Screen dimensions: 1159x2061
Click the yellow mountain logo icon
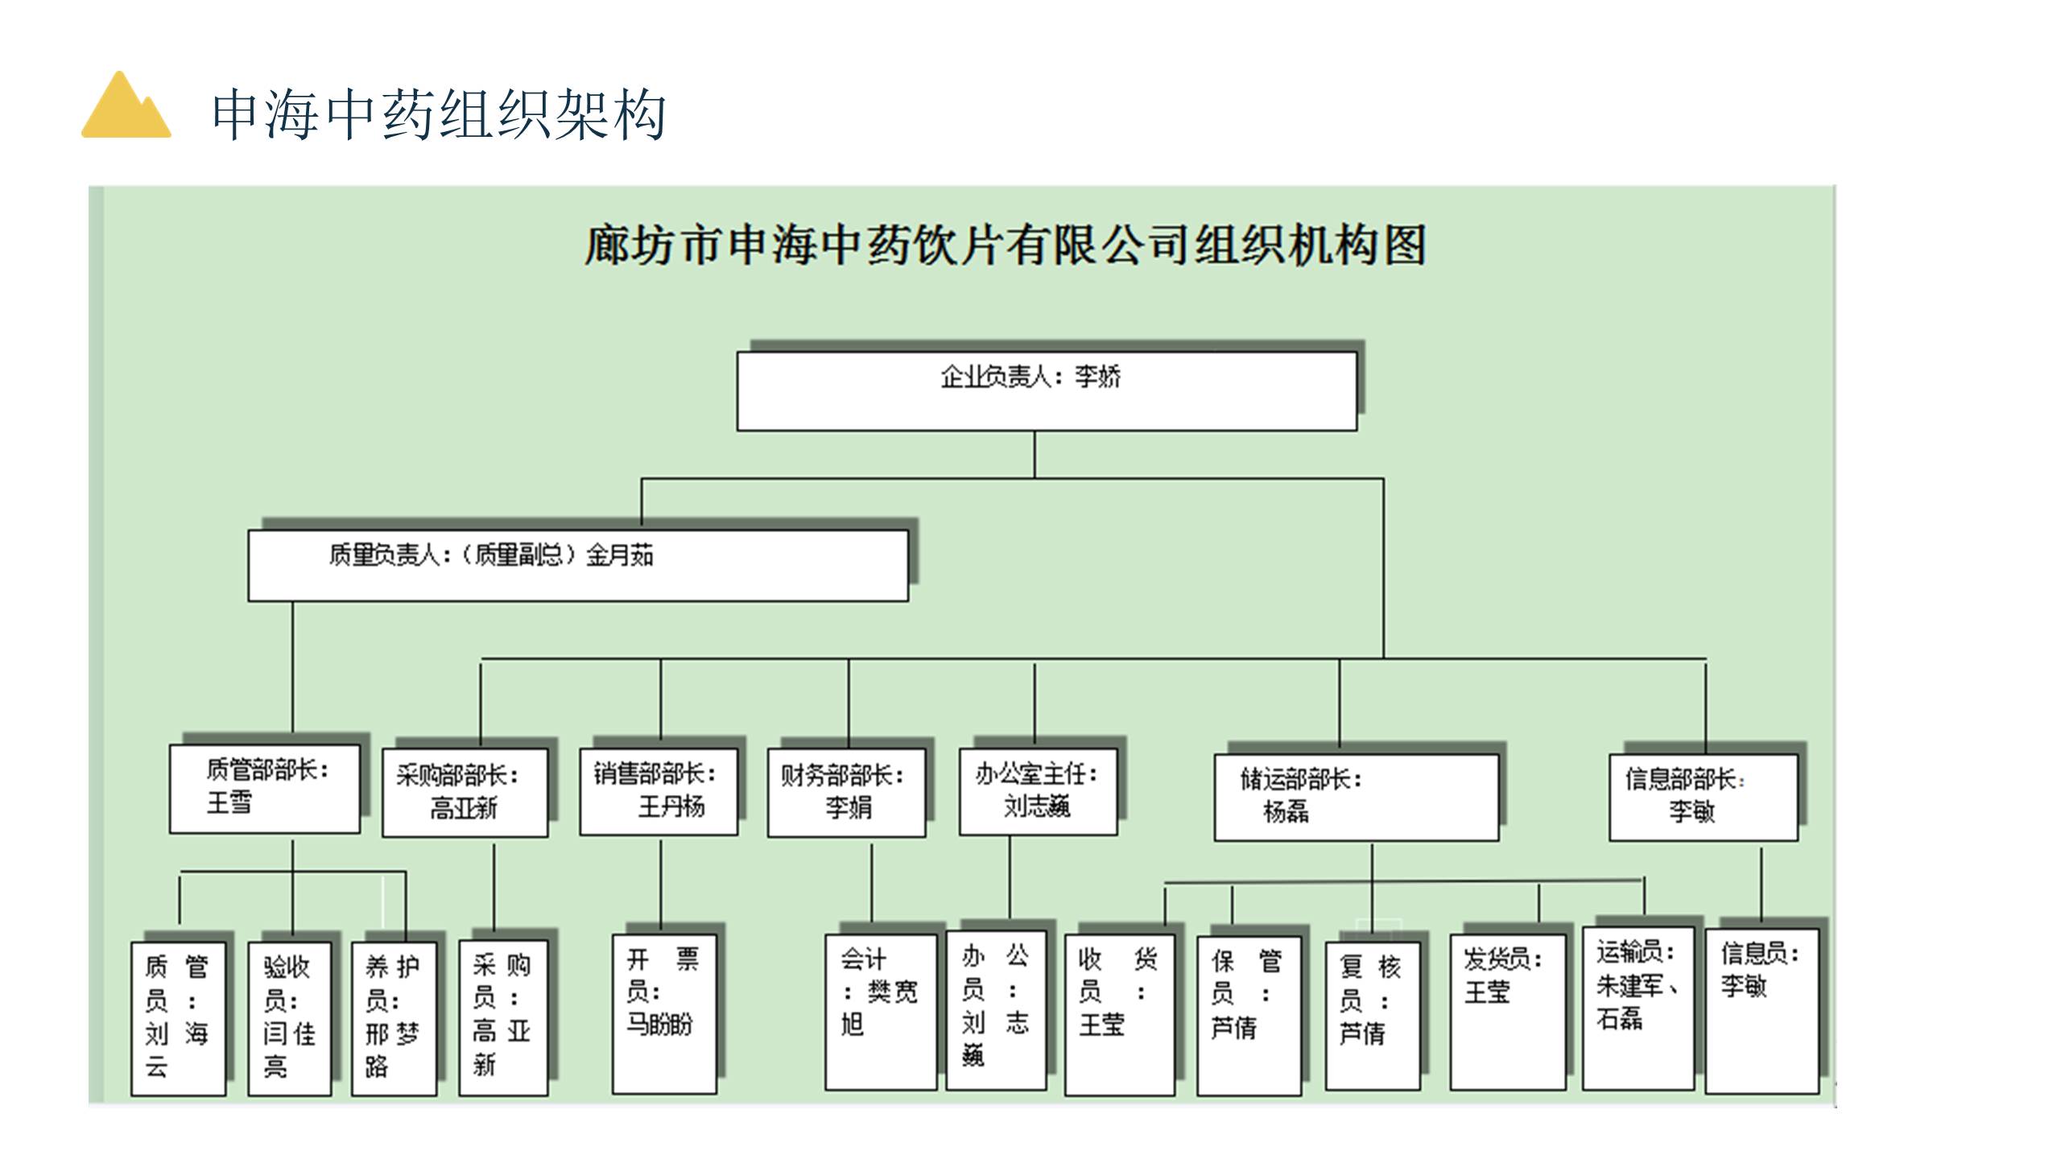pyautogui.click(x=126, y=106)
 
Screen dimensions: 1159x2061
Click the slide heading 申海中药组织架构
pyautogui.click(x=438, y=115)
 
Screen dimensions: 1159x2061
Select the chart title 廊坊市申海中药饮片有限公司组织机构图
pyautogui.click(x=1005, y=245)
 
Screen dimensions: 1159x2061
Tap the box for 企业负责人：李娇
pyautogui.click(x=1047, y=391)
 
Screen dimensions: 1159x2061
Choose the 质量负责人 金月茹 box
pyautogui.click(x=578, y=565)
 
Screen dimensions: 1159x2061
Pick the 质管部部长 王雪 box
pyautogui.click(x=264, y=789)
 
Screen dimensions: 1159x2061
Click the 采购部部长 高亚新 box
pyautogui.click(x=465, y=793)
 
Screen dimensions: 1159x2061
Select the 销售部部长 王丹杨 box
pyautogui.click(x=659, y=792)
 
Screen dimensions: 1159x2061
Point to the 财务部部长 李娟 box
pyautogui.click(x=846, y=793)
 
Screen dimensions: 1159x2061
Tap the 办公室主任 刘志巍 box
pyautogui.click(x=1038, y=792)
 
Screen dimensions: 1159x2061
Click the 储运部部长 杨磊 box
pyautogui.click(x=1356, y=797)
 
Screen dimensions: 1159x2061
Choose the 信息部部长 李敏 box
pyautogui.click(x=1703, y=797)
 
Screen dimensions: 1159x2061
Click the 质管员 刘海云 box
pyautogui.click(x=178, y=1018)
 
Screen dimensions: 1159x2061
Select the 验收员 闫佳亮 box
pyautogui.click(x=289, y=1018)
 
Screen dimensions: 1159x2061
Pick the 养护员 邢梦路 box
pyautogui.click(x=394, y=1018)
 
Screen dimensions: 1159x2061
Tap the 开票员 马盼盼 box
pyautogui.click(x=663, y=1013)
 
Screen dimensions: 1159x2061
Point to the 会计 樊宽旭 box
pyautogui.click(x=880, y=1012)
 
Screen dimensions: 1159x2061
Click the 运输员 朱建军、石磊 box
pyautogui.click(x=1638, y=1008)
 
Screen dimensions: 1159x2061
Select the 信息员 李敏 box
pyautogui.click(x=1762, y=1011)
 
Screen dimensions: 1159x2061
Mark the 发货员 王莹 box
pyautogui.click(x=1507, y=1012)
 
